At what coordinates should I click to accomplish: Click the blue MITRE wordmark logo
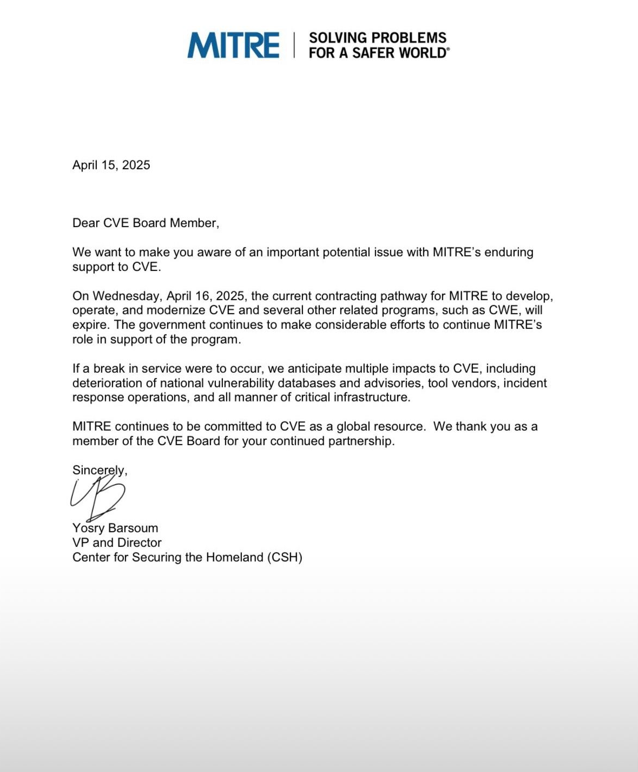[233, 45]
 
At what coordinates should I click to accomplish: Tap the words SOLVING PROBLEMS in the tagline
[377, 38]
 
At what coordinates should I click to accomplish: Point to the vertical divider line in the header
[294, 45]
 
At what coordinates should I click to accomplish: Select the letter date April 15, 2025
[111, 165]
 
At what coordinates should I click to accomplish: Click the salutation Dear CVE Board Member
[146, 223]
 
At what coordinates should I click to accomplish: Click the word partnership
[361, 441]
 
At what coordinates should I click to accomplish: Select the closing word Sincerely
[99, 470]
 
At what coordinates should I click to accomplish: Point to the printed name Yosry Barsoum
[115, 528]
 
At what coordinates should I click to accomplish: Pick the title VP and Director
[117, 543]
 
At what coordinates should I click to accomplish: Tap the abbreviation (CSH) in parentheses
[285, 557]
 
